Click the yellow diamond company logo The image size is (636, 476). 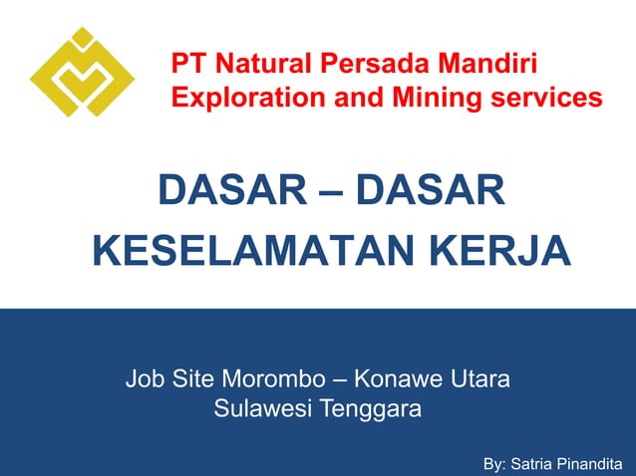pos(83,73)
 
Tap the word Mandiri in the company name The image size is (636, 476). pos(489,67)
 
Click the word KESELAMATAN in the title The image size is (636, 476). pos(253,249)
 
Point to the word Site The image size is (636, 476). pos(193,379)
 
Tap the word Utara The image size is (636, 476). pos(481,379)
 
